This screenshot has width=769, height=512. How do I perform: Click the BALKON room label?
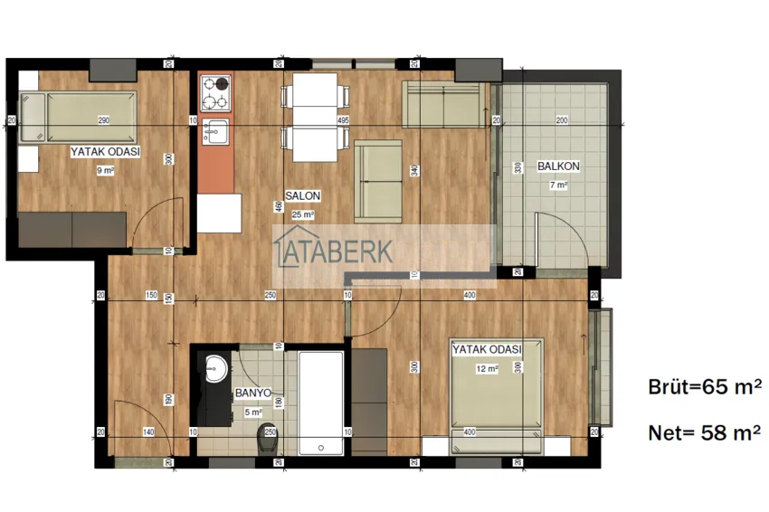point(558,166)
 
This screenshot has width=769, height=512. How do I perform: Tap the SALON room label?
point(302,195)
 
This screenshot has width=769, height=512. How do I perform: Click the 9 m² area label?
point(105,169)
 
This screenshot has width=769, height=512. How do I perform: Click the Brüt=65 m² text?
point(704,387)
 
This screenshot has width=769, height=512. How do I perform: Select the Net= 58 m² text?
point(704,433)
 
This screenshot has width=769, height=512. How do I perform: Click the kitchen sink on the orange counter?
point(215,131)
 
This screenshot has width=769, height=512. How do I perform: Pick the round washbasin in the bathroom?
point(216,368)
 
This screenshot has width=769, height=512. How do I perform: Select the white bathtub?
point(320,393)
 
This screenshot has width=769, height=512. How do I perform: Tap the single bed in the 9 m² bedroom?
point(76,118)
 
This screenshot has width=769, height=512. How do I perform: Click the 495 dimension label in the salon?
point(343,120)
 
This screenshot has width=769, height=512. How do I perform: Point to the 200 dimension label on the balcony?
point(561,120)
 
